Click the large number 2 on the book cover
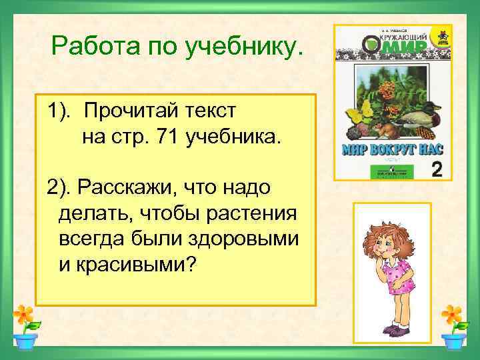[437, 169]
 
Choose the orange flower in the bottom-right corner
[451, 313]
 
